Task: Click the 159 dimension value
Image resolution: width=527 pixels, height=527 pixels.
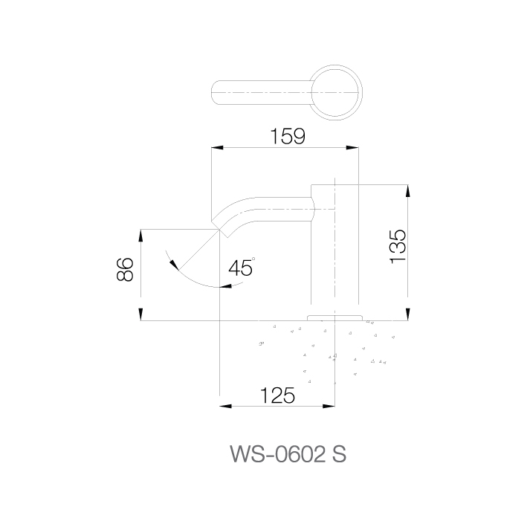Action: [x=288, y=136]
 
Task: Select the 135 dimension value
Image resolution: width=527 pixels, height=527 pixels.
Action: [x=398, y=246]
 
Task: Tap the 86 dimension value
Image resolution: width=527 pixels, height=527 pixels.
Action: [x=125, y=269]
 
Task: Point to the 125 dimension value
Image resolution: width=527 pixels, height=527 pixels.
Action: [x=277, y=395]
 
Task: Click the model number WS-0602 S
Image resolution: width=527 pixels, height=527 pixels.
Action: [x=288, y=454]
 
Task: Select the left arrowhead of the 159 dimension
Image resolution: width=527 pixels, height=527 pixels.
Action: [x=217, y=148]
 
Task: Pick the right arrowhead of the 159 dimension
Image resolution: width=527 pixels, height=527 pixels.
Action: [x=352, y=148]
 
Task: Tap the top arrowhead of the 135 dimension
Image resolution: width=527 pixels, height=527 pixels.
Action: [x=407, y=191]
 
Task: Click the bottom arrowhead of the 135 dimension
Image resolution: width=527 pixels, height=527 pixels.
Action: [x=407, y=314]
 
